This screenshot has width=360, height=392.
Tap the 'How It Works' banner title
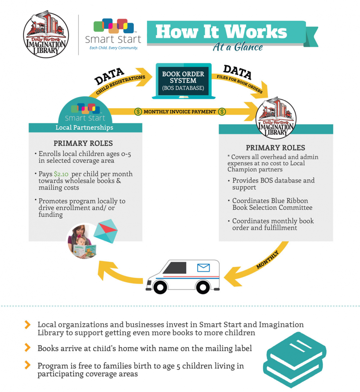tap(221, 32)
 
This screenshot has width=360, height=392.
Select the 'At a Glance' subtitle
tap(238, 47)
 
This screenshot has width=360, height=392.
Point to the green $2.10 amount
tap(61, 174)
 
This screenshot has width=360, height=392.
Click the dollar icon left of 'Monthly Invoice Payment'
tap(138, 112)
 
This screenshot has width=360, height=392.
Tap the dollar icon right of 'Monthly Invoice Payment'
tap(222, 112)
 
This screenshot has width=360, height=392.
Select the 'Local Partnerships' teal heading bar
tap(85, 127)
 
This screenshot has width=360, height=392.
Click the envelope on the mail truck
tap(204, 268)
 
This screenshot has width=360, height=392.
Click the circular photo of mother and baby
tap(82, 241)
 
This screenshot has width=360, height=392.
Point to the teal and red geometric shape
tap(106, 231)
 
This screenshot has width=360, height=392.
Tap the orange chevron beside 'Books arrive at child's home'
tap(28, 348)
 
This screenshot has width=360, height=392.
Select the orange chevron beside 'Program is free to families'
tap(28, 366)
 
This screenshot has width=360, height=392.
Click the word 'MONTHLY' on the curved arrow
tap(267, 260)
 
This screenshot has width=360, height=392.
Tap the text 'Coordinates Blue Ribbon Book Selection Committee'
tap(272, 204)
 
